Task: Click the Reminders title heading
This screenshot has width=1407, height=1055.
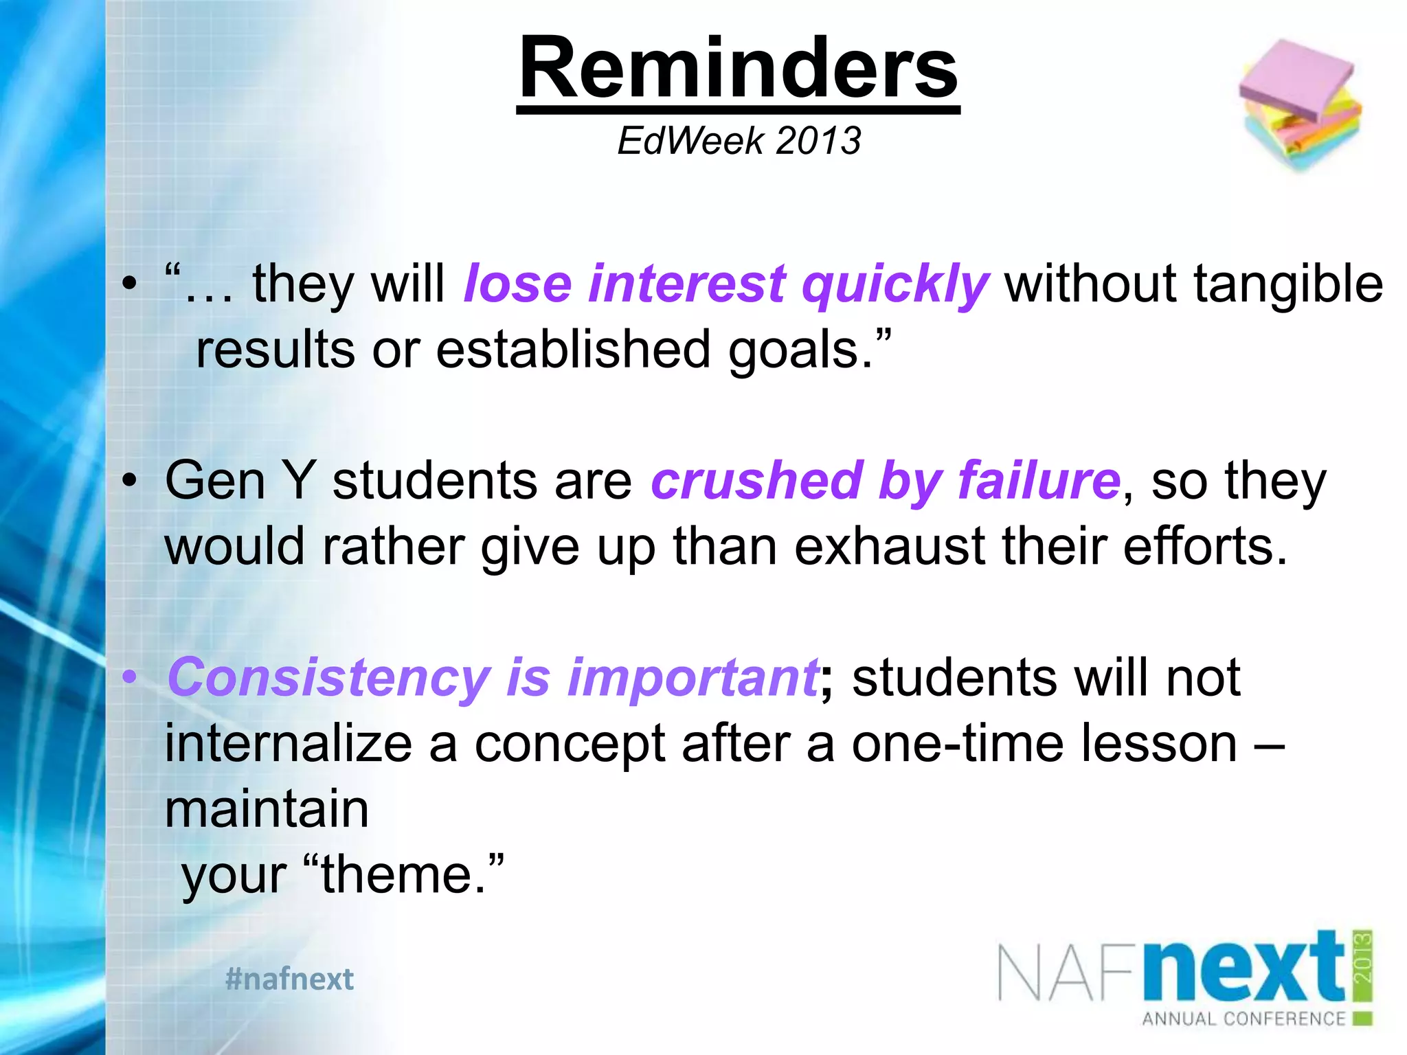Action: pyautogui.click(x=738, y=69)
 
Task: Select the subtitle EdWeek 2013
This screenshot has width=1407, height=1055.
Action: pyautogui.click(x=739, y=141)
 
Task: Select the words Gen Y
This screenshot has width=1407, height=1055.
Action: pyautogui.click(x=240, y=480)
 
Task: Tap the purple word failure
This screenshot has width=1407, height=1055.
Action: pyautogui.click(x=1039, y=480)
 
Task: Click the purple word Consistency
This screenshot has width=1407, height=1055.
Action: pyautogui.click(x=328, y=679)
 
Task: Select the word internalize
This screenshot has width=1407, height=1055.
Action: pyautogui.click(x=289, y=744)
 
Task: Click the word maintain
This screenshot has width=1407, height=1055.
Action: pyautogui.click(x=267, y=809)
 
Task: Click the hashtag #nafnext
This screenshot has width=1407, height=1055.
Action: pyautogui.click(x=289, y=979)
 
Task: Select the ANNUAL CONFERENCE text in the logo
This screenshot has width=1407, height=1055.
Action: pyautogui.click(x=1243, y=1019)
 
